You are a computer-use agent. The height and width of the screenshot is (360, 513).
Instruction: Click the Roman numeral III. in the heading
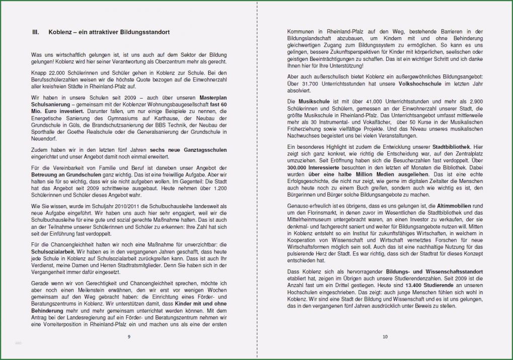[35, 32]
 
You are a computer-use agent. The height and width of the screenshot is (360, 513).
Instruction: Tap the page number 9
[129, 336]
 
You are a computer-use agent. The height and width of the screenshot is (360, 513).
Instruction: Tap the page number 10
[385, 336]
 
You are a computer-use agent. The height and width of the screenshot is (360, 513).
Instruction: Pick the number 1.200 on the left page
[220, 188]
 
